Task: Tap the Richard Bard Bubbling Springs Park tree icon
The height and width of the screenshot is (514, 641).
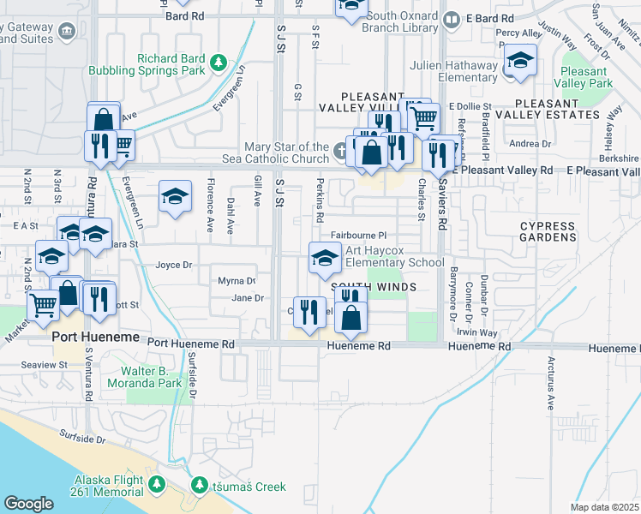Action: click(x=219, y=63)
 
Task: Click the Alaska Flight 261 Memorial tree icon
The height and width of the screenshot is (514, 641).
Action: click(x=157, y=486)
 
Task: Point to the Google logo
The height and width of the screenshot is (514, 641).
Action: click(x=28, y=504)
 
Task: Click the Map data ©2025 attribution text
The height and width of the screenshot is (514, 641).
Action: click(x=605, y=507)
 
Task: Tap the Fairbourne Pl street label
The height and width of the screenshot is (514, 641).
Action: click(x=359, y=235)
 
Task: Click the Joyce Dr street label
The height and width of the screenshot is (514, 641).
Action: click(x=173, y=265)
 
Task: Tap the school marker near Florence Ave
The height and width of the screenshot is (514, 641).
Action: click(x=175, y=199)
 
